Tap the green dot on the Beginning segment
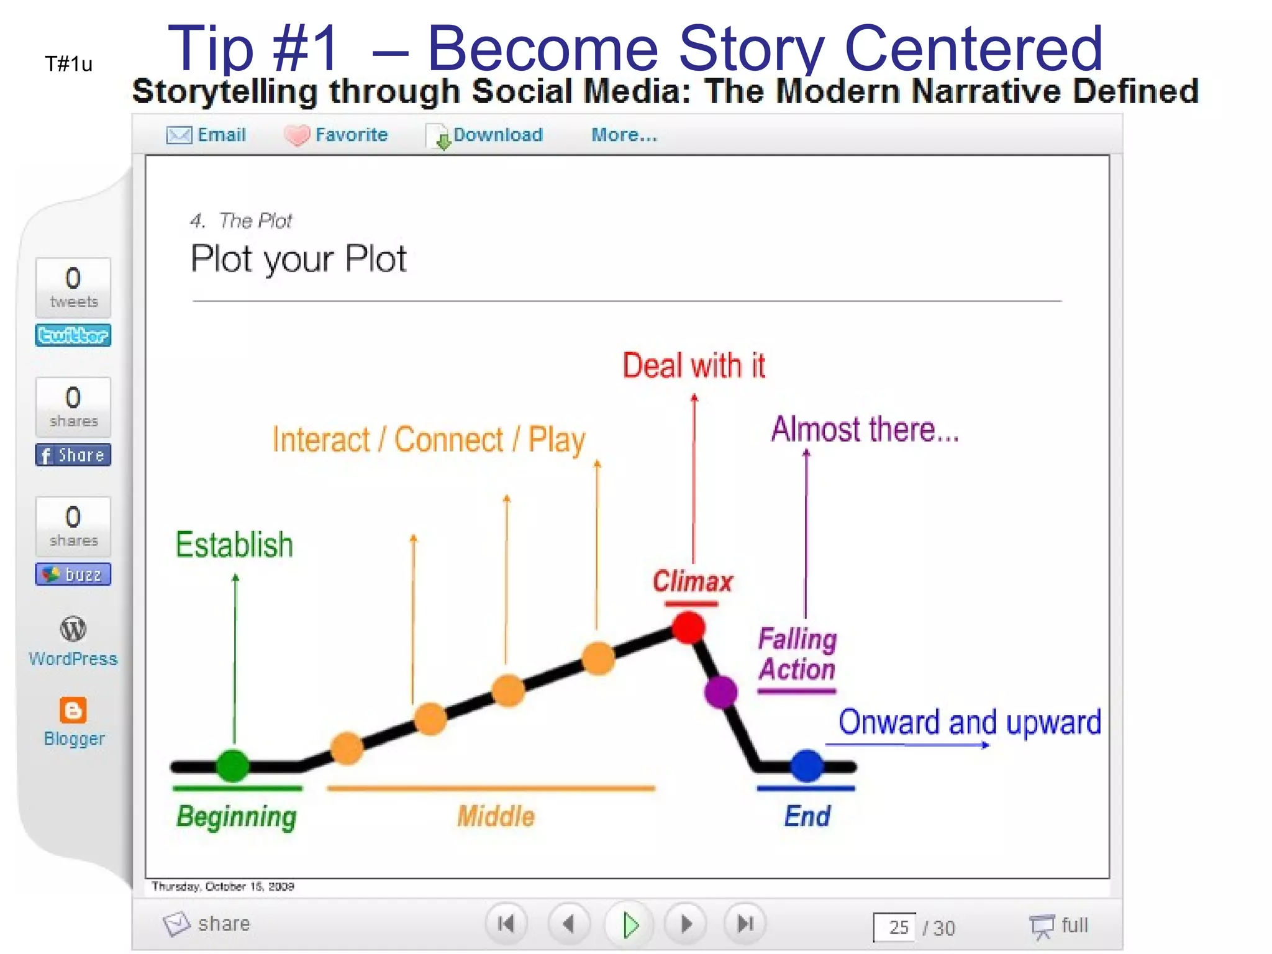pos(233,766)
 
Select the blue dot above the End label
pos(807,766)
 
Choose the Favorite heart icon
pos(297,135)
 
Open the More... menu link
pos(624,135)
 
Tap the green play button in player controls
pos(630,925)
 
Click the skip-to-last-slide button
pos(745,924)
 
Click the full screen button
pos(1060,925)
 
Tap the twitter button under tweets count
pos(73,335)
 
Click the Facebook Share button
pos(73,455)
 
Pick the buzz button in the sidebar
pos(73,575)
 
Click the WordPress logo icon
pos(73,629)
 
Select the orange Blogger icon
pos(73,710)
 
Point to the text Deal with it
pos(694,365)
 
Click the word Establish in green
pos(234,545)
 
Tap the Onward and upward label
pos(969,722)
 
